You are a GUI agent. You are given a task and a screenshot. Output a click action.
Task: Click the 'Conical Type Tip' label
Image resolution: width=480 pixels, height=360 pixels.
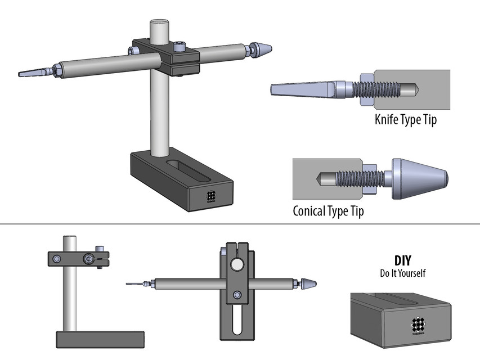[x=328, y=211]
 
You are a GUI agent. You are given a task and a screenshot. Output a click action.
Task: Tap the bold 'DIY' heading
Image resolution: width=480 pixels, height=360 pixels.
[x=402, y=261]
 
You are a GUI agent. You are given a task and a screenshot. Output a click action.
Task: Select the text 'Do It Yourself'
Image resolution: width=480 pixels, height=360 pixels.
[x=402, y=273]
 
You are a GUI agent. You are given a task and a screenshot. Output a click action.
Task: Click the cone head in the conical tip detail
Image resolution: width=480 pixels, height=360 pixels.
[x=419, y=178]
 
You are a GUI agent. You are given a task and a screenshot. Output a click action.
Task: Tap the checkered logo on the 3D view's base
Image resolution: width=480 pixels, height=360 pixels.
[x=212, y=196]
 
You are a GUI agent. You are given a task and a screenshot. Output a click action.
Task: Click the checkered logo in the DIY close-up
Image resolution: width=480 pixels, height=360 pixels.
[x=418, y=324]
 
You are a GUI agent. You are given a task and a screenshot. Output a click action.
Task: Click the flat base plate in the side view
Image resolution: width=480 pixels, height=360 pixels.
[x=101, y=339]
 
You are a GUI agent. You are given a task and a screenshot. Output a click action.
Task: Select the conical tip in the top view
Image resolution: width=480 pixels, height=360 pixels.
[x=309, y=284]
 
